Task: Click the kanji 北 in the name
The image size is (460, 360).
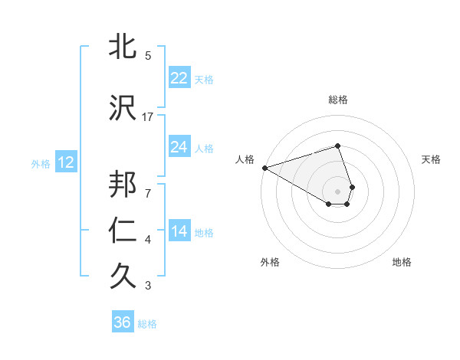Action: pyautogui.click(x=122, y=47)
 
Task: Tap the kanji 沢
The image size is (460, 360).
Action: pyautogui.click(x=122, y=109)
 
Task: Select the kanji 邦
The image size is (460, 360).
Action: pyautogui.click(x=122, y=185)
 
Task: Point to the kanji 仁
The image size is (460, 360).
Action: pyautogui.click(x=122, y=231)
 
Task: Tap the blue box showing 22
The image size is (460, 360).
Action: pyautogui.click(x=179, y=78)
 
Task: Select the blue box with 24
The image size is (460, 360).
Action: pyautogui.click(x=179, y=147)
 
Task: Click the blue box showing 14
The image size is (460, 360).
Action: pyautogui.click(x=179, y=231)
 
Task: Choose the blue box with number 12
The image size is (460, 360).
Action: pyautogui.click(x=65, y=162)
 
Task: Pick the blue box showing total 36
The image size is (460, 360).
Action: pyautogui.click(x=122, y=322)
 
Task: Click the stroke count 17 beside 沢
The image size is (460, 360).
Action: pyautogui.click(x=148, y=117)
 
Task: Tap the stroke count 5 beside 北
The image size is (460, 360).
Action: pyautogui.click(x=147, y=56)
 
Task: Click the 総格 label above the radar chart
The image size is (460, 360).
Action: pyautogui.click(x=337, y=100)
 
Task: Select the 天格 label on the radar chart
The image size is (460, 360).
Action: pyautogui.click(x=432, y=159)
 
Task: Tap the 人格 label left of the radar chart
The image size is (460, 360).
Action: pyautogui.click(x=244, y=159)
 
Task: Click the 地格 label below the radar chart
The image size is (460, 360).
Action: pyautogui.click(x=402, y=262)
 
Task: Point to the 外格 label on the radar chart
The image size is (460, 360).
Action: pyautogui.click(x=269, y=262)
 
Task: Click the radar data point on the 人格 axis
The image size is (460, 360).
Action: pyautogui.click(x=264, y=168)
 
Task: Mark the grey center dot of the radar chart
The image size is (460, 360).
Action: pyautogui.click(x=337, y=191)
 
